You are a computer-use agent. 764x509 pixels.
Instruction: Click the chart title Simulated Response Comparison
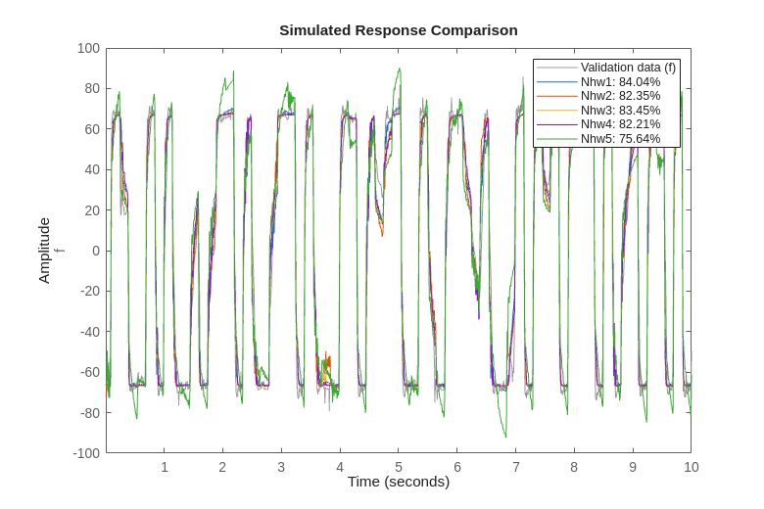pos(398,29)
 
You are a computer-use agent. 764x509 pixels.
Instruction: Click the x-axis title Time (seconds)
pos(398,481)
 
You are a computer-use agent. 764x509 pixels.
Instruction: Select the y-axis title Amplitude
pos(44,251)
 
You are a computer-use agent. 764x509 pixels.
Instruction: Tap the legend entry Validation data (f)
pos(628,68)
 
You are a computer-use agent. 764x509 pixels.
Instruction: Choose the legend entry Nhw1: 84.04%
pos(620,81)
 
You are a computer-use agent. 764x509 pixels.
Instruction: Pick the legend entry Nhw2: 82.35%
pos(620,96)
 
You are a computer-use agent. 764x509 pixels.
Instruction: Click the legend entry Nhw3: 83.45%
pos(620,110)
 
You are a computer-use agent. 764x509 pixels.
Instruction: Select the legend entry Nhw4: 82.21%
pos(620,124)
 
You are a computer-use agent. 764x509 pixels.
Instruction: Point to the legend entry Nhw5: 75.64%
pos(620,138)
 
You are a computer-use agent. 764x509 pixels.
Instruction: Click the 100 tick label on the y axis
pos(88,48)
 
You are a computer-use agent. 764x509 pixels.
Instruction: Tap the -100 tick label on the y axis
pos(86,452)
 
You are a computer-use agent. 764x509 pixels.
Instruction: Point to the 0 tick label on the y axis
pos(95,251)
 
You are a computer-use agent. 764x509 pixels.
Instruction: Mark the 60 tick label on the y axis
pos(91,129)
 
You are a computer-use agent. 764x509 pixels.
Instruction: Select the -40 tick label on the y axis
pos(89,331)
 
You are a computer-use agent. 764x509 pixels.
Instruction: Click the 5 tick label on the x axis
pos(399,467)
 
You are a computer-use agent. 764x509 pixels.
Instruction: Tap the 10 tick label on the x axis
pos(691,467)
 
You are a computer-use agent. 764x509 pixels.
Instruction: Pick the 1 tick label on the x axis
pos(165,467)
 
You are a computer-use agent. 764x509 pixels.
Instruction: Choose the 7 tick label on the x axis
pos(515,467)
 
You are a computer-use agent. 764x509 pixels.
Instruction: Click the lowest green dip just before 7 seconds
pos(506,438)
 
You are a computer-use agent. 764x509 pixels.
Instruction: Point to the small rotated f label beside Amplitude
pos(60,251)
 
